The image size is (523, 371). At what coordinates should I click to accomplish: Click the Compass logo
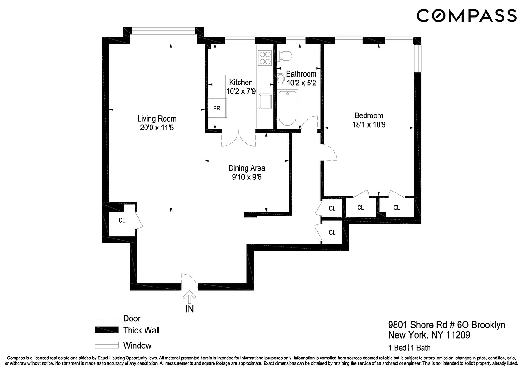tap(466, 16)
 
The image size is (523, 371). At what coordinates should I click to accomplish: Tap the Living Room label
tap(157, 119)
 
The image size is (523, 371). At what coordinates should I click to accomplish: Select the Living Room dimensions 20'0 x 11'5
tap(157, 128)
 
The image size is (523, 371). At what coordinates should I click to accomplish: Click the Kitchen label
tap(241, 83)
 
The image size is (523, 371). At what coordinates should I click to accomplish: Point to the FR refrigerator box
tap(217, 108)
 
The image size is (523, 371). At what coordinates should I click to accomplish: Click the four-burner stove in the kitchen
tap(265, 58)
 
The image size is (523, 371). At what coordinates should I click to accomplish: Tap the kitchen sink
tap(265, 102)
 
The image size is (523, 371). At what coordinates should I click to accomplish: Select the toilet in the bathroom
tap(286, 56)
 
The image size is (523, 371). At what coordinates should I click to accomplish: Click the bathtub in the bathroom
tap(287, 109)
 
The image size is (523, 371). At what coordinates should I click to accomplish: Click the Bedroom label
tap(369, 116)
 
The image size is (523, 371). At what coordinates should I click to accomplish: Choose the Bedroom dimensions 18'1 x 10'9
tap(369, 125)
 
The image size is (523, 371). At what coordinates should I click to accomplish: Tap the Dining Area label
tap(246, 168)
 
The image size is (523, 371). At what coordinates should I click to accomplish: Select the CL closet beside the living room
tap(121, 221)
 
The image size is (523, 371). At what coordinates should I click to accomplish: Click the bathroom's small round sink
tap(281, 79)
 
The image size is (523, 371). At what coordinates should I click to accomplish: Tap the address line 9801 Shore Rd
tap(446, 325)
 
